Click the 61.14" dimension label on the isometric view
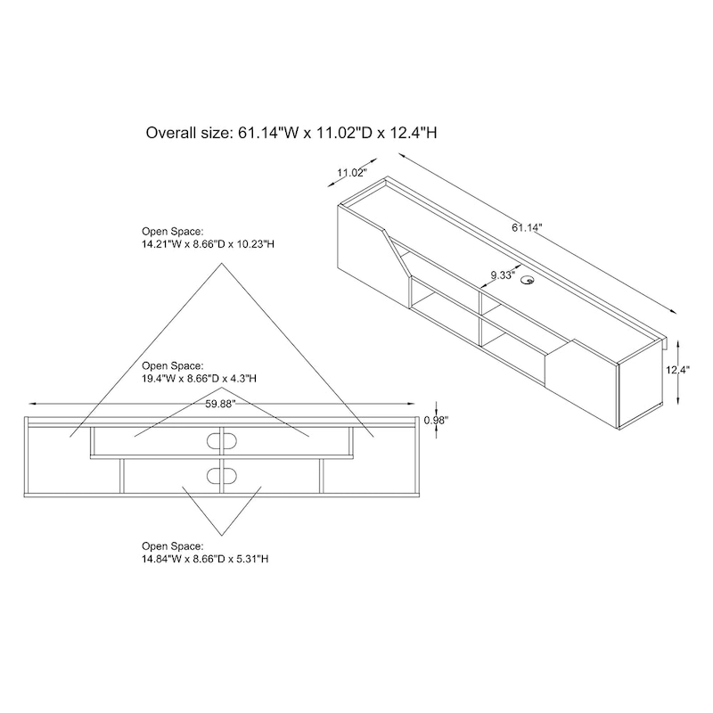coord(526,227)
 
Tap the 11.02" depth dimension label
coord(352,173)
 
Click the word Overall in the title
coord(172,134)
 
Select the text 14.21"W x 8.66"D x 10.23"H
coord(206,243)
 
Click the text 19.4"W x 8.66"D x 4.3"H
coord(200,378)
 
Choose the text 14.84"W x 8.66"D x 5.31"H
coord(205,558)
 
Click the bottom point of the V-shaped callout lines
coord(218,531)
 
